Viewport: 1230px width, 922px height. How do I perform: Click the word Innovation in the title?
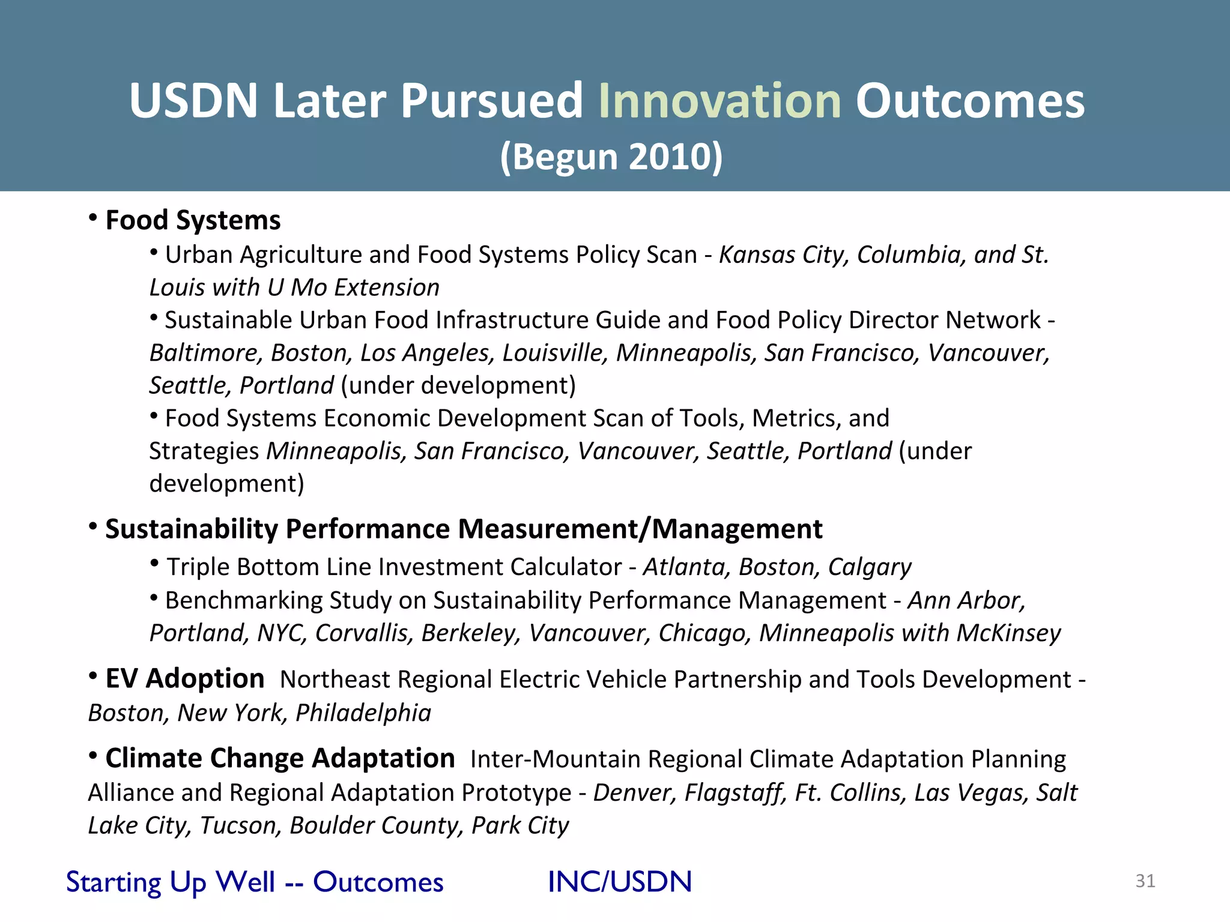(x=720, y=101)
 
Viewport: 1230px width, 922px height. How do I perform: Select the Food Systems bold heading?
(x=193, y=220)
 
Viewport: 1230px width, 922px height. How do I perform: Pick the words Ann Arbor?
(x=965, y=600)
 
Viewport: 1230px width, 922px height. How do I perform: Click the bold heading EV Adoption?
(x=185, y=679)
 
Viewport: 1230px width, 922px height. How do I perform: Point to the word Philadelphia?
(x=363, y=713)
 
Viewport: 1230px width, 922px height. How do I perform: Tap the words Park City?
(x=520, y=826)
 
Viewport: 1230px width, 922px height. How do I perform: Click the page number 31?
(x=1145, y=881)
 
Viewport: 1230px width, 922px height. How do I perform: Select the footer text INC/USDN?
(x=619, y=882)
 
